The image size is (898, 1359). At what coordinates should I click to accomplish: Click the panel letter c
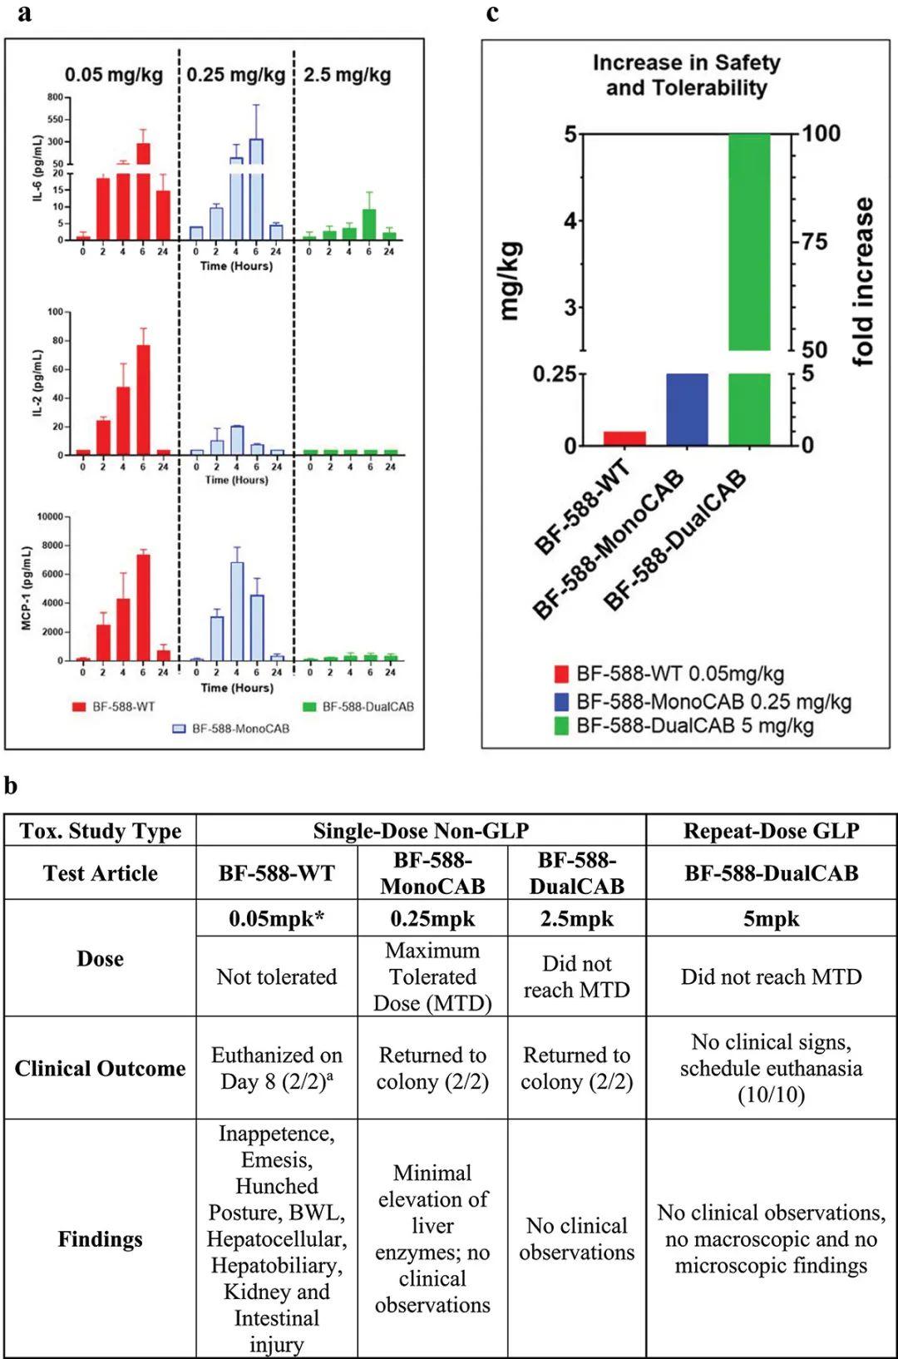[x=492, y=13]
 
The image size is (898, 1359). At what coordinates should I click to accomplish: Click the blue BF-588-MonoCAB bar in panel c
[x=687, y=409]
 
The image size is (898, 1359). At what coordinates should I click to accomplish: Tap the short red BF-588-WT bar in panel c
[x=624, y=438]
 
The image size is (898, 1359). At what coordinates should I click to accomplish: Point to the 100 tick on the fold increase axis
[x=821, y=134]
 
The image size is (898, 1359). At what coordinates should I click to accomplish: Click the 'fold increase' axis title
[x=864, y=282]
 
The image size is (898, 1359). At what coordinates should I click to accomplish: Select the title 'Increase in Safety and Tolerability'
[x=686, y=75]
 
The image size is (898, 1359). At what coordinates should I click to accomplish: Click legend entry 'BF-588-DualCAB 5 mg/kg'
[x=694, y=725]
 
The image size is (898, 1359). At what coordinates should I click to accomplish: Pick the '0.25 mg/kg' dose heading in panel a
[x=235, y=75]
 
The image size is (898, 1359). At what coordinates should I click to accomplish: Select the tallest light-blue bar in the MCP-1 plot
[x=237, y=611]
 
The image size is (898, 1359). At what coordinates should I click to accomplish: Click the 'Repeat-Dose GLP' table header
[x=771, y=831]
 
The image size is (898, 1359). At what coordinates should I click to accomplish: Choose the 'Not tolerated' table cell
[x=276, y=976]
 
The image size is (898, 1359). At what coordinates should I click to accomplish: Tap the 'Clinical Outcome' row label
[x=100, y=1068]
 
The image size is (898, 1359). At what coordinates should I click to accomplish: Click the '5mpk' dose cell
[x=771, y=919]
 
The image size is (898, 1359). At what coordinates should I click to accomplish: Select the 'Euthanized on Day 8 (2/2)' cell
[x=276, y=1068]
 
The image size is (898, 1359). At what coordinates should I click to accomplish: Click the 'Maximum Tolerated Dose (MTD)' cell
[x=432, y=976]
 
